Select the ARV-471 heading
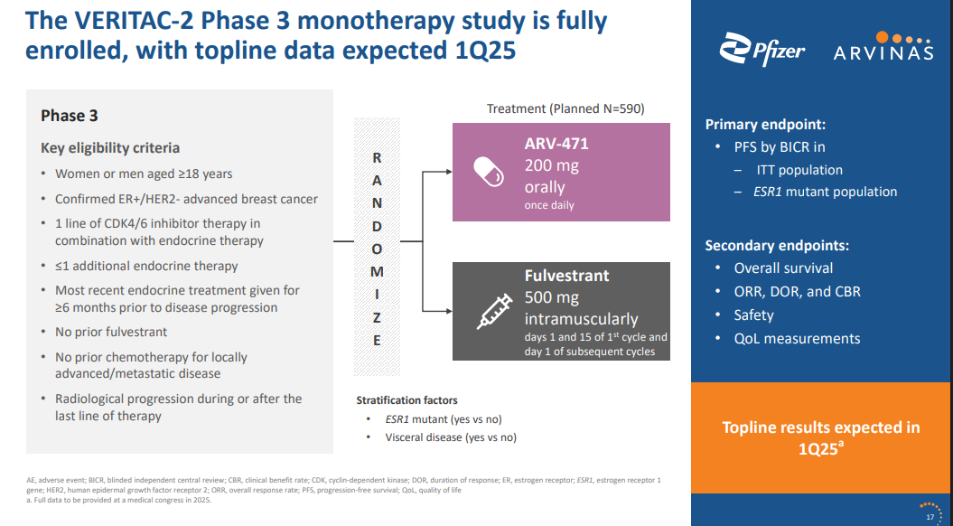pos(556,144)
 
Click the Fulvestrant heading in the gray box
pos(566,276)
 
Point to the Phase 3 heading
pos(70,116)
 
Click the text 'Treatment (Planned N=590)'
pos(565,108)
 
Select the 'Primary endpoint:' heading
pos(765,125)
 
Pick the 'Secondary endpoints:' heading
pos(777,245)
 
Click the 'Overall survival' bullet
pos(783,268)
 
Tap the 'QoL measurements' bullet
pos(797,339)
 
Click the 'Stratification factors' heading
pos(406,400)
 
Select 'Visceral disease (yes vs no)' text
pos(451,437)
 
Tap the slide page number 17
pos(930,517)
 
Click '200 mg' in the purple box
pos(551,166)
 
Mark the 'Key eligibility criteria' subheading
pos(110,148)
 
